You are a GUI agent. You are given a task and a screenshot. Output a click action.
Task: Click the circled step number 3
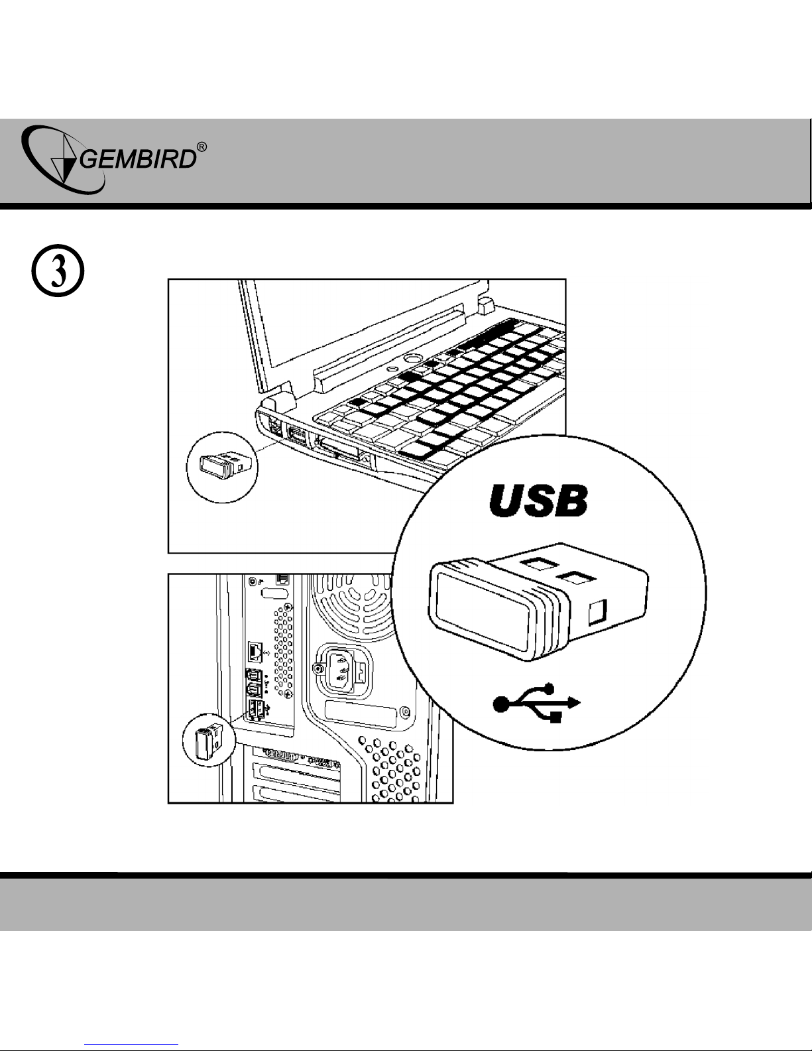(58, 274)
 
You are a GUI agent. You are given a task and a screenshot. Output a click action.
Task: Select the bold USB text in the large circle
(538, 503)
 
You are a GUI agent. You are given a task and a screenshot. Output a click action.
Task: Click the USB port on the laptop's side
(296, 438)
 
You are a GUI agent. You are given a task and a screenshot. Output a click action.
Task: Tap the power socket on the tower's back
(340, 668)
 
